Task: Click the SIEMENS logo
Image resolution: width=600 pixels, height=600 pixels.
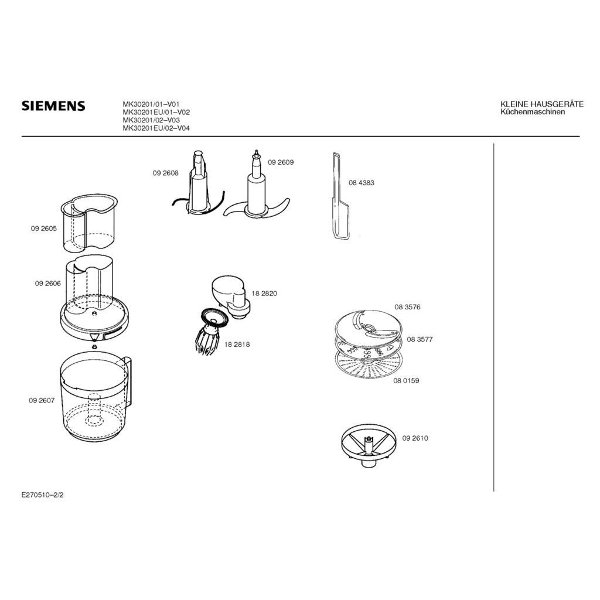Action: [53, 106]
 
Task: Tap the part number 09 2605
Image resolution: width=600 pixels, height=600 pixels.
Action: [43, 229]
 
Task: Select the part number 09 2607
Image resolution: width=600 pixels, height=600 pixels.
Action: [42, 401]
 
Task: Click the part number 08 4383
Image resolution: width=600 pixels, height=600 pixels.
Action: [361, 183]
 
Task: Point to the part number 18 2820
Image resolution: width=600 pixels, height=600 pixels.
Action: [264, 294]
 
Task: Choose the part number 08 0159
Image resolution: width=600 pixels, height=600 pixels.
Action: [406, 381]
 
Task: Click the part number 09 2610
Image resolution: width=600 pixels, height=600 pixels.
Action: [415, 438]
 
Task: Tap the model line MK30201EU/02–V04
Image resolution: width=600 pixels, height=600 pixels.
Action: [156, 128]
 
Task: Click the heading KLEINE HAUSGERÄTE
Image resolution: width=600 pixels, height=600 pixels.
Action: [542, 104]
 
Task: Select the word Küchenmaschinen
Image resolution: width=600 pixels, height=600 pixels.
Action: [533, 112]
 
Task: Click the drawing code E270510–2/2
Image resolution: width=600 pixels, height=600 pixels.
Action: [42, 495]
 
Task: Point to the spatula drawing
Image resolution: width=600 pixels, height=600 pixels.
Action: [339, 197]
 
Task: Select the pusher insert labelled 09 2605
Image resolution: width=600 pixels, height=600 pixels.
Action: [89, 223]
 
